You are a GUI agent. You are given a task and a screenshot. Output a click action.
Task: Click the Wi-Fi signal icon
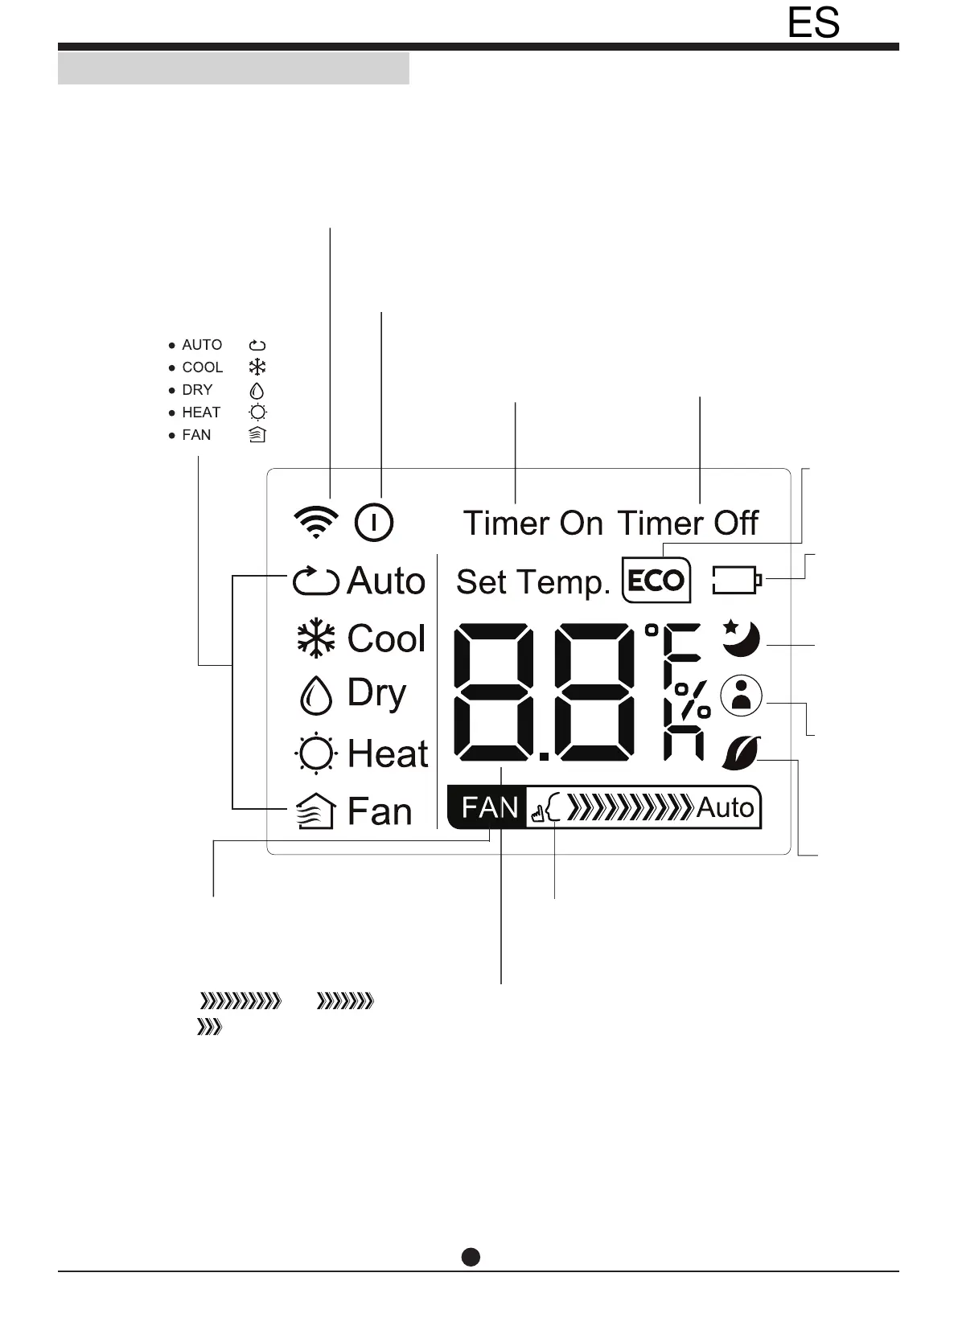(x=316, y=523)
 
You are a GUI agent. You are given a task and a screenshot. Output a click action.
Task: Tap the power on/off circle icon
(x=374, y=523)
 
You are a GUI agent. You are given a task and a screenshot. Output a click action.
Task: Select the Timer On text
(x=532, y=523)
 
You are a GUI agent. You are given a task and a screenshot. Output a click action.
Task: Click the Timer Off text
(x=688, y=523)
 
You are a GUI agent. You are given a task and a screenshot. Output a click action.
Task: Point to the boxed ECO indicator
(x=656, y=580)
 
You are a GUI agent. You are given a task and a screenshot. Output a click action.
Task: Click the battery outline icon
(x=737, y=580)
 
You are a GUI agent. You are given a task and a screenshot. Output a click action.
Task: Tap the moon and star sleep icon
(x=740, y=638)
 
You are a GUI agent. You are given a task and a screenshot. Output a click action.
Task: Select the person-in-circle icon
(x=741, y=696)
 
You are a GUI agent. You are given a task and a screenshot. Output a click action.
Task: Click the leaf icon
(x=741, y=753)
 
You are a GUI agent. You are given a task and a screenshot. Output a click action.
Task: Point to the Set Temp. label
(x=533, y=582)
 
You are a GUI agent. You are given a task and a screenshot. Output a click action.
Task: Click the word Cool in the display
(x=386, y=639)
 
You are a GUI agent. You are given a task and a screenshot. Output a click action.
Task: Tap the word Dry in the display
(x=376, y=694)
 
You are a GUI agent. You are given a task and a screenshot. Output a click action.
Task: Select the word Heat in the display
(x=388, y=754)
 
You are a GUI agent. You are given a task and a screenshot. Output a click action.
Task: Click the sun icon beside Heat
(x=315, y=754)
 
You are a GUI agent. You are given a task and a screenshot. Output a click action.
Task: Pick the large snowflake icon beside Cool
(x=316, y=639)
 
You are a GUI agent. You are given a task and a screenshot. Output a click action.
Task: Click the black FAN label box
(x=489, y=807)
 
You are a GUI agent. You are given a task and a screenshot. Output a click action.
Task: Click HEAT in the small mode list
(x=201, y=413)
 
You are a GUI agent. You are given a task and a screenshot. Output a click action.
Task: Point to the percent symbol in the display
(x=693, y=700)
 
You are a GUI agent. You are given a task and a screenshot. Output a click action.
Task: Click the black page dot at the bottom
(x=471, y=1257)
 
